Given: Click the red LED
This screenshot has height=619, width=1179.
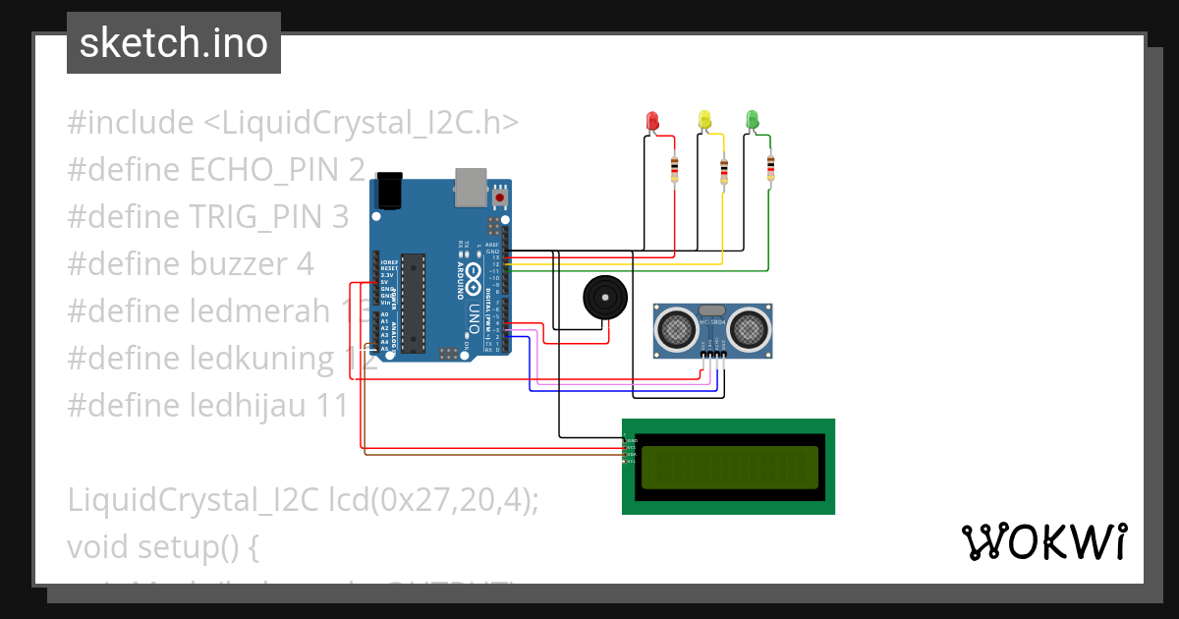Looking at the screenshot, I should coord(652,120).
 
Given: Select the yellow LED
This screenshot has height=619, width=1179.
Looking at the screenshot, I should coord(703,120).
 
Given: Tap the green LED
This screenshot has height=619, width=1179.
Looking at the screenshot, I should coord(753,120).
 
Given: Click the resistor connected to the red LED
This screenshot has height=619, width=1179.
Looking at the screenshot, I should coord(674,170).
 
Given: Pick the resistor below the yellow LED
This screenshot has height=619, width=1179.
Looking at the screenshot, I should coord(724,171).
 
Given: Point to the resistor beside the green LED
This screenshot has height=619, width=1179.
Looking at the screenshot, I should coord(769,169).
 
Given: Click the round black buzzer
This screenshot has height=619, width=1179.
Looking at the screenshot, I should coord(604,297).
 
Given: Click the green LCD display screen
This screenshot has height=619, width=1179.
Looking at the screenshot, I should coord(728,467).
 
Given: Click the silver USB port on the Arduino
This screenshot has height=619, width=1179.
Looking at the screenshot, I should coord(472,187).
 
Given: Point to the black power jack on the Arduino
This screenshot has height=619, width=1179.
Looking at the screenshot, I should coord(389,190).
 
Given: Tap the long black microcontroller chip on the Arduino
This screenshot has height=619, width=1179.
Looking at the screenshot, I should coord(414,302).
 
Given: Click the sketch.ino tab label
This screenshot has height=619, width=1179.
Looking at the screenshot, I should coord(174,43).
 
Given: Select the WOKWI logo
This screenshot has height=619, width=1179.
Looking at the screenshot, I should coord(1043,541).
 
